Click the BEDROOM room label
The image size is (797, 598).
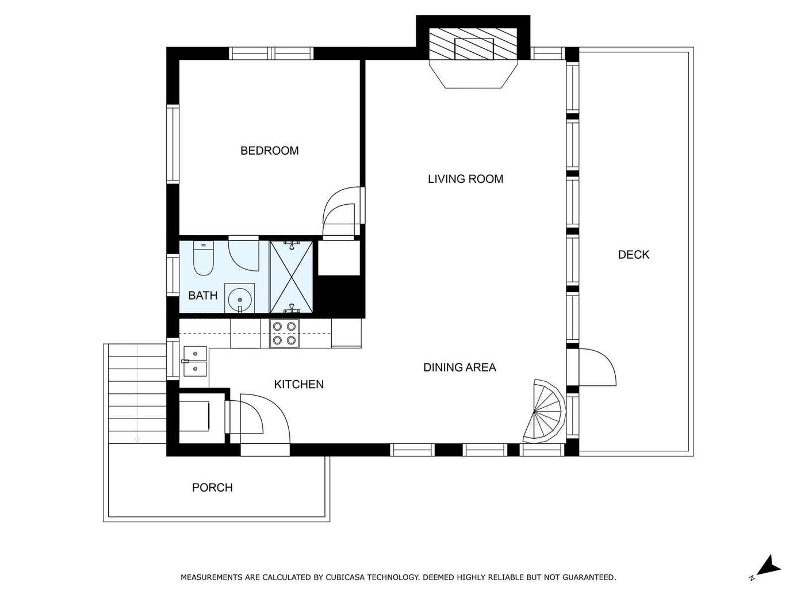point(270,150)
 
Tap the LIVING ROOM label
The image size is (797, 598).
point(465,179)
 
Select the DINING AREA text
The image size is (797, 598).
point(459,367)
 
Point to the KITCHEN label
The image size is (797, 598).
point(299,384)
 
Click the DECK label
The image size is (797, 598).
point(634,255)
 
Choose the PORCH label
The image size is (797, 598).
point(212,487)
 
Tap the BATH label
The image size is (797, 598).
point(203,295)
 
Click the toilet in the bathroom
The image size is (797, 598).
point(204,258)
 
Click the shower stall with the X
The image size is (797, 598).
point(291,277)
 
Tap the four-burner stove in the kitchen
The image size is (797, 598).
point(284,333)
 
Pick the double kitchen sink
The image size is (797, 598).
point(195,361)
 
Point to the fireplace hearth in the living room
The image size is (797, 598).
point(473,74)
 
